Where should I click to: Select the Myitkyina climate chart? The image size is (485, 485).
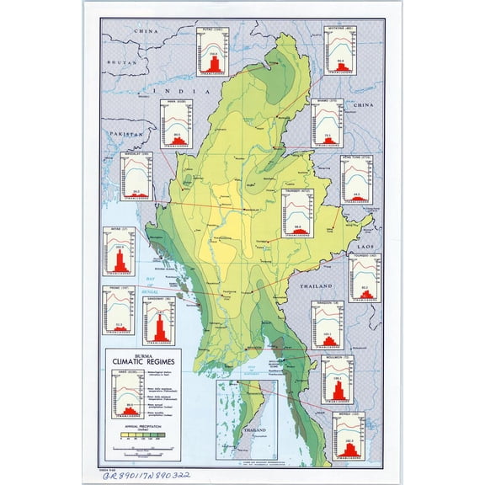341,50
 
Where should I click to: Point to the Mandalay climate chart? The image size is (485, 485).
136,178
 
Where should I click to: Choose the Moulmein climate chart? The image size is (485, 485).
337,379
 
